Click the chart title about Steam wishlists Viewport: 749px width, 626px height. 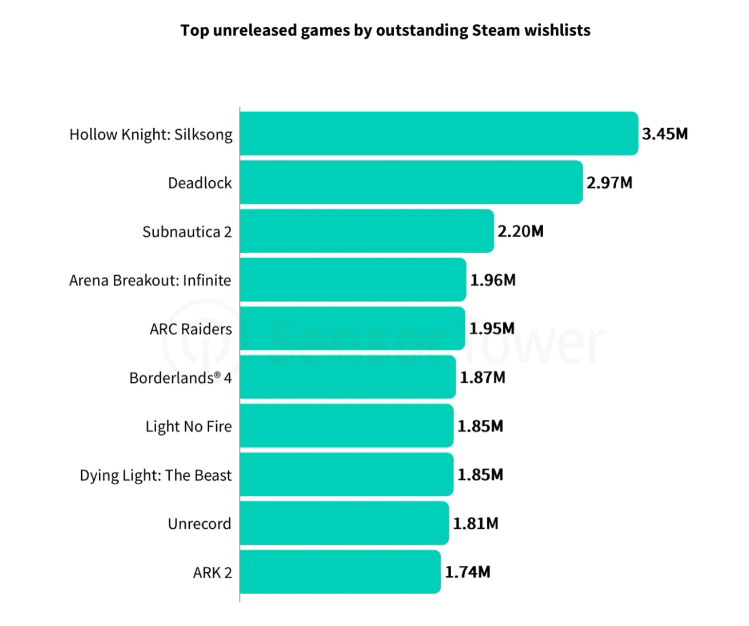pos(385,30)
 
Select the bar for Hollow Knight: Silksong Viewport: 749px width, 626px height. pos(439,134)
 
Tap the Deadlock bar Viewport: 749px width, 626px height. pos(411,183)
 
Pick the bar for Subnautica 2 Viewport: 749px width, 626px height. pos(366,231)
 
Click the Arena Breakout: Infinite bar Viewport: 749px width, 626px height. pos(353,280)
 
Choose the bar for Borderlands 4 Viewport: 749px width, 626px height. pos(348,377)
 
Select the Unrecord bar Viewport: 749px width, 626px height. pos(344,523)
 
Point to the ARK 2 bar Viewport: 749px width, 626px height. pos(340,572)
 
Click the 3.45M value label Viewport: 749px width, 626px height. pos(665,134)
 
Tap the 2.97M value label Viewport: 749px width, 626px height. pos(609,183)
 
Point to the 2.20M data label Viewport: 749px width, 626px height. pos(520,231)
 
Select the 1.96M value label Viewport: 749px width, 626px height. pos(493,280)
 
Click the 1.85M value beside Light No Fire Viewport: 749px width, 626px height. pos(480,426)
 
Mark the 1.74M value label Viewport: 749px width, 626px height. pos(468,572)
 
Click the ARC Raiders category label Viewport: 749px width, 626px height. pos(191,329)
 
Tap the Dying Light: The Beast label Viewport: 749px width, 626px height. pos(156,475)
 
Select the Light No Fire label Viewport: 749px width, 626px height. pos(189,426)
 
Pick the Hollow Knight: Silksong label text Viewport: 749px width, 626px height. pos(151,134)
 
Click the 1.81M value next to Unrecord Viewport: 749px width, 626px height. pos(476,523)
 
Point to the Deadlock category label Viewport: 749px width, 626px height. pos(200,183)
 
